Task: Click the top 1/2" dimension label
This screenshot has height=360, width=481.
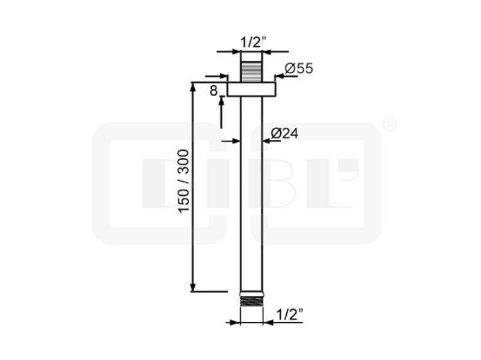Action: click(253, 42)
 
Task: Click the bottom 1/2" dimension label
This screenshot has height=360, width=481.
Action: click(289, 314)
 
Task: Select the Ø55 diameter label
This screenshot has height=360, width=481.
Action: click(299, 68)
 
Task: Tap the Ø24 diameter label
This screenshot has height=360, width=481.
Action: click(284, 133)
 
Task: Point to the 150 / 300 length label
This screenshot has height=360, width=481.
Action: click(184, 181)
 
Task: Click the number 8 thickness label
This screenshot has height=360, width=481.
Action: click(213, 91)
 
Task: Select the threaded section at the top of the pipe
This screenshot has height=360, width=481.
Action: click(251, 72)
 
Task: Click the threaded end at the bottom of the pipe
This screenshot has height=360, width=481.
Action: click(251, 301)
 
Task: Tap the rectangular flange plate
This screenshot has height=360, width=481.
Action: click(251, 89)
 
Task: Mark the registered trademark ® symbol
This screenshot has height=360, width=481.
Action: click(390, 125)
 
